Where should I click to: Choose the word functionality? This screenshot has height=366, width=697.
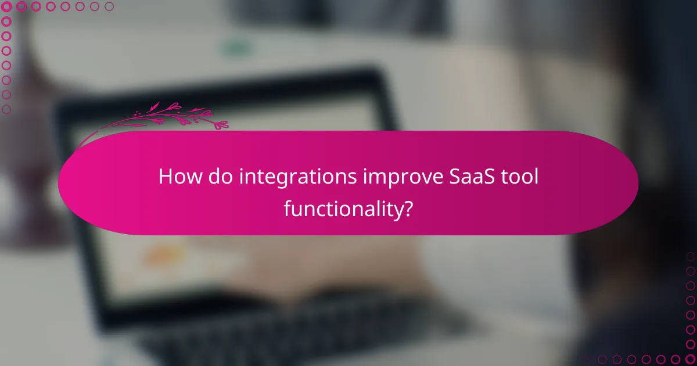[x=343, y=208]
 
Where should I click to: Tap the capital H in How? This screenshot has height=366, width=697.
[x=166, y=177]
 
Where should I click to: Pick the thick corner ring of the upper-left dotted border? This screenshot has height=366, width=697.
[x=7, y=7]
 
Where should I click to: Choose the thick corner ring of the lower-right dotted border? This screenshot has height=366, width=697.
[x=691, y=359]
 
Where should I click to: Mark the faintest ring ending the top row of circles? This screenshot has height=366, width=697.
[x=109, y=7]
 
